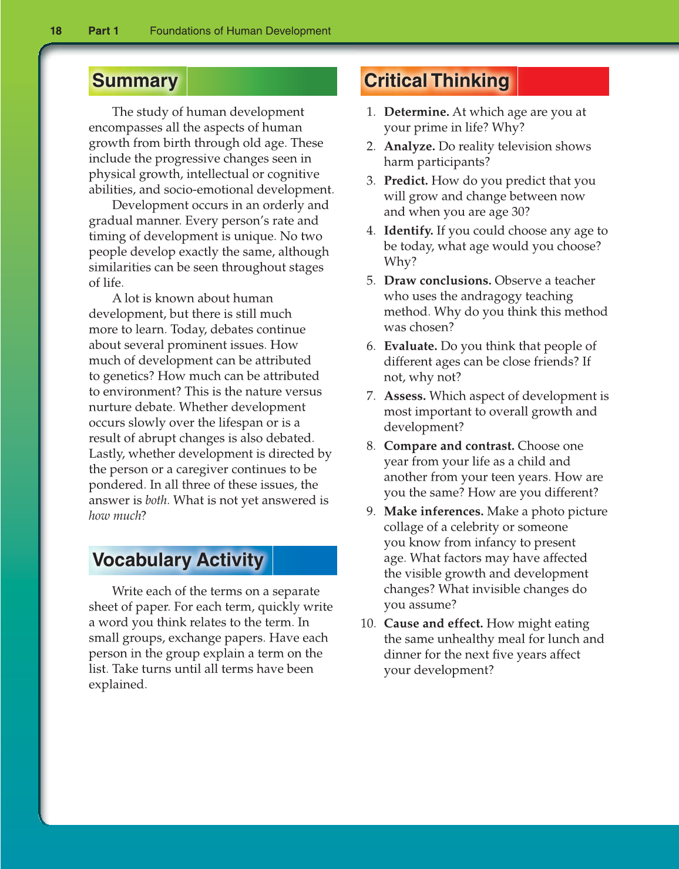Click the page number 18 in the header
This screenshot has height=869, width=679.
click(56, 31)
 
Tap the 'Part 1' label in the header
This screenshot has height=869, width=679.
click(103, 31)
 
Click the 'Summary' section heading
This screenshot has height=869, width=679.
click(135, 81)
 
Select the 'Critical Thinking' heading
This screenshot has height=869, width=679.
click(436, 81)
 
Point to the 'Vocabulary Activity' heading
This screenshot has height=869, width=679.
click(178, 560)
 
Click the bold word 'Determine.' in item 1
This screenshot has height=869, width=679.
click(416, 112)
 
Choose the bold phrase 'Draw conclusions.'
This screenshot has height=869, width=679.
click(438, 280)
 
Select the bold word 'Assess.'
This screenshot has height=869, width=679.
click(405, 396)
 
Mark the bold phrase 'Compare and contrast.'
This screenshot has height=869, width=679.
click(449, 446)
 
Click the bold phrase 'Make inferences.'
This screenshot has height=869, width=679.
click(433, 511)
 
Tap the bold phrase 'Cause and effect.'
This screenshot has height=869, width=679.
click(433, 623)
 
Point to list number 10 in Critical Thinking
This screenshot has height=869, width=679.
click(368, 623)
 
